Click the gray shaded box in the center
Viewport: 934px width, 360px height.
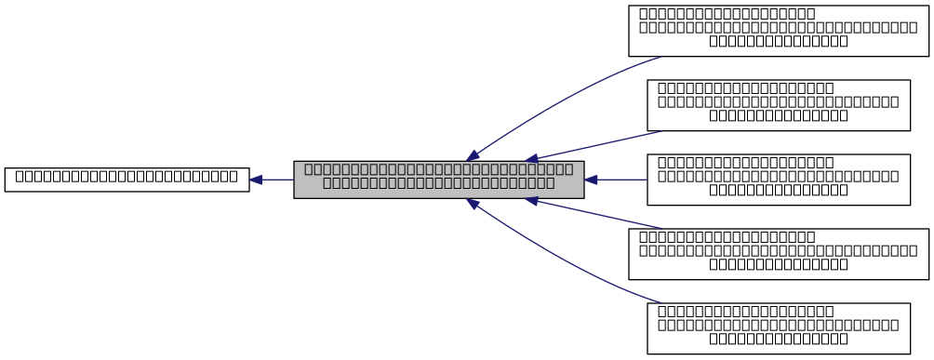point(438,179)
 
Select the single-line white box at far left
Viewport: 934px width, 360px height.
point(127,180)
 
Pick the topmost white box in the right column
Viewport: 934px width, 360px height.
point(778,30)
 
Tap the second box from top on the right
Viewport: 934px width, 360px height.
point(778,104)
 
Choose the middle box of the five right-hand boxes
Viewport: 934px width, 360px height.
point(778,179)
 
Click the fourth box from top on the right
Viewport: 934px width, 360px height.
point(778,253)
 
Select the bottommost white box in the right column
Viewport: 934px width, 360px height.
point(778,327)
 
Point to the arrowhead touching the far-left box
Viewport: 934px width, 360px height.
point(256,180)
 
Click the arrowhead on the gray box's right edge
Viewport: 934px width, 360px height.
point(591,180)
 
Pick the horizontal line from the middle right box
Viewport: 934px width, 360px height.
point(621,180)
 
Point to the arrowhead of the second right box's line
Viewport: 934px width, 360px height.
point(531,159)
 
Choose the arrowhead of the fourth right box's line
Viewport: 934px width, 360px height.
point(531,200)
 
